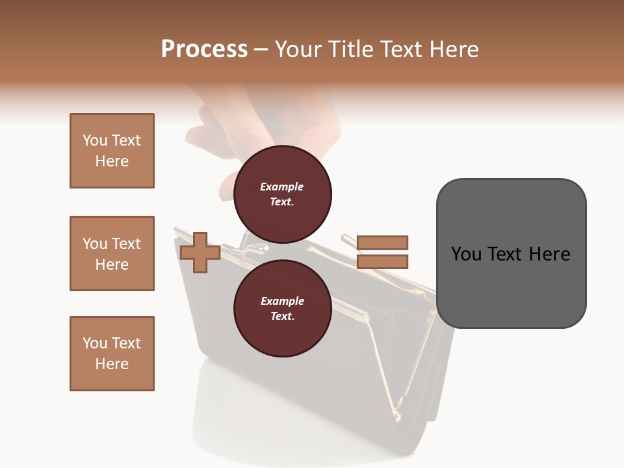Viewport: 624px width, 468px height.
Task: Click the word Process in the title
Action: [204, 49]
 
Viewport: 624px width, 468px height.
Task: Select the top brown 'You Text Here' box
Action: [112, 151]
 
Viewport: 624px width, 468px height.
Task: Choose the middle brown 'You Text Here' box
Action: [112, 253]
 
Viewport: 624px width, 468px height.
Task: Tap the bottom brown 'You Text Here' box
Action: [112, 354]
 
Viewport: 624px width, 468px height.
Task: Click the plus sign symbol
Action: [200, 252]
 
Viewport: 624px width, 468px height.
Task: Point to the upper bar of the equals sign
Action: [382, 242]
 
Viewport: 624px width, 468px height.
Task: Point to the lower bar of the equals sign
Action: [382, 261]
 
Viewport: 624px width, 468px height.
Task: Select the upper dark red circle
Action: [282, 194]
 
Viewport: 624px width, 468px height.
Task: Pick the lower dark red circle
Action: [282, 309]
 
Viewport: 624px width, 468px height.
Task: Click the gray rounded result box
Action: [511, 253]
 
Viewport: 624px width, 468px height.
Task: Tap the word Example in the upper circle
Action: [282, 187]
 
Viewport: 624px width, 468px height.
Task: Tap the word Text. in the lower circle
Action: [282, 317]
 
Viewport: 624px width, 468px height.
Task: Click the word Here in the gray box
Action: [549, 254]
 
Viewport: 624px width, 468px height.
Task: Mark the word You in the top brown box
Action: [95, 140]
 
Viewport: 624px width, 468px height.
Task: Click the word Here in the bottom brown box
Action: [112, 364]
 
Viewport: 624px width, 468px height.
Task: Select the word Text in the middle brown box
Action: [126, 244]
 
